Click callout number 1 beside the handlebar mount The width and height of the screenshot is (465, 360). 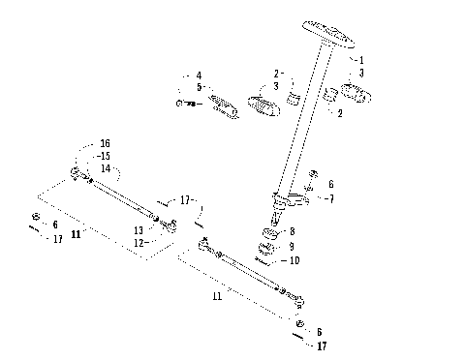[360, 60]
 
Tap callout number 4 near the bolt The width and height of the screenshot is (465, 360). [199, 75]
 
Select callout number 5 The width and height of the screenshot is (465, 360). [199, 87]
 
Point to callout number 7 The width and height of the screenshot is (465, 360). [332, 198]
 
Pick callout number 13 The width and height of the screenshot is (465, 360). [139, 230]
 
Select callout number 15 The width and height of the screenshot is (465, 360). [105, 155]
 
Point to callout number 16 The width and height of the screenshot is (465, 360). [105, 142]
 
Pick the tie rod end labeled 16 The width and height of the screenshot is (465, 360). [75, 173]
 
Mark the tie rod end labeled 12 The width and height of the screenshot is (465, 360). [171, 225]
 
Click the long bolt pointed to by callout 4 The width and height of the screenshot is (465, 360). [189, 104]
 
